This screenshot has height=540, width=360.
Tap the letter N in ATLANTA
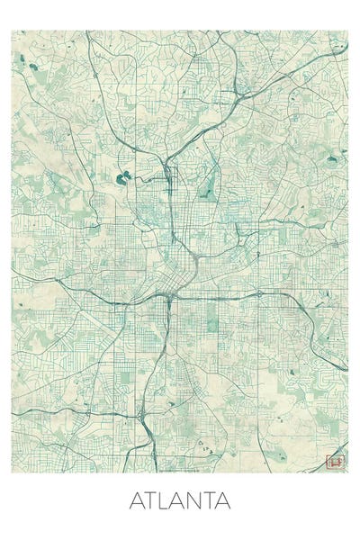194,499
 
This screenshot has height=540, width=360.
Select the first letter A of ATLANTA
138,499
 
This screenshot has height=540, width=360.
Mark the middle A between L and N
178,499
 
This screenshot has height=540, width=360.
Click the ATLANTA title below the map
180,499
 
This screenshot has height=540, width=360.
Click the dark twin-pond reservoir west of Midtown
124,175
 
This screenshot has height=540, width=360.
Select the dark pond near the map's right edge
332,160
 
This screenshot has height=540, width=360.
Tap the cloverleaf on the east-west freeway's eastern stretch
259,293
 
